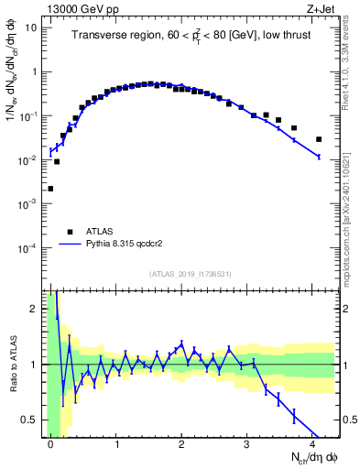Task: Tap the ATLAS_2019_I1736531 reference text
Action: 191,275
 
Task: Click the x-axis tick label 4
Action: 313,443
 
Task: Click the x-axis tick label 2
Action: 181,443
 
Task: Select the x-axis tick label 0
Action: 50,443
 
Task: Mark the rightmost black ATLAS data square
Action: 319,139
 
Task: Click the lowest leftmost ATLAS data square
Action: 50,189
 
